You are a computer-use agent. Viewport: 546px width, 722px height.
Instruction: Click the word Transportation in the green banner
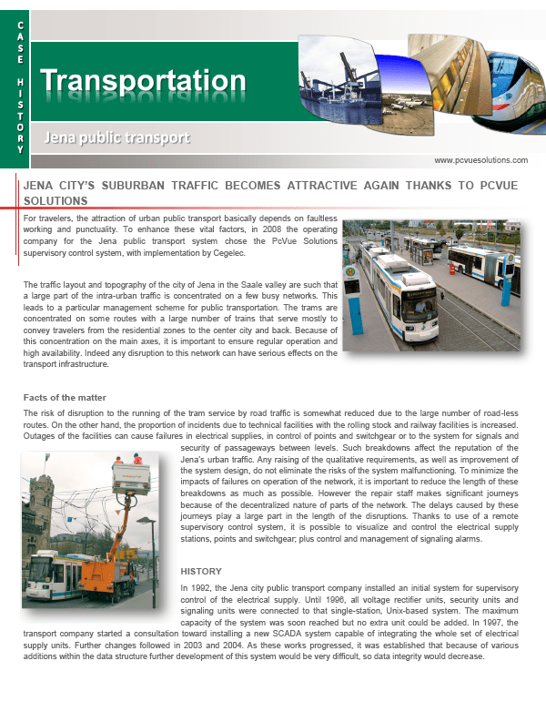tap(143, 82)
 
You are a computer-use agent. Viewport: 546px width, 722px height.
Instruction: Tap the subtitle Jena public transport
tap(117, 138)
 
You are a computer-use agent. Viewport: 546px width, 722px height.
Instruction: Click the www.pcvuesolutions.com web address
tap(480, 160)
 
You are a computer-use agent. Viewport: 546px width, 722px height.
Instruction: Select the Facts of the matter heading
tap(65, 398)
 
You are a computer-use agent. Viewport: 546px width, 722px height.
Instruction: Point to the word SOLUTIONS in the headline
tap(56, 200)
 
